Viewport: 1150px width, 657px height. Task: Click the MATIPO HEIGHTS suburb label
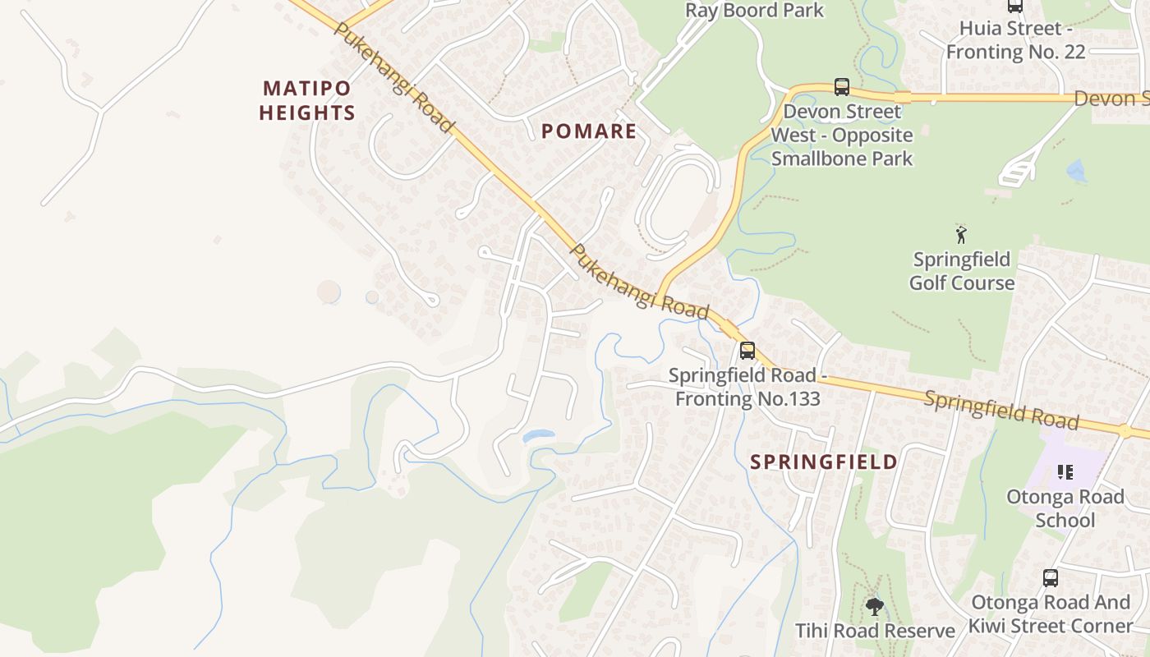click(307, 100)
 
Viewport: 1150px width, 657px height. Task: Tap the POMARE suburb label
click(589, 131)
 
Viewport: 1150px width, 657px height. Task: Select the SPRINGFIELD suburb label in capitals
click(824, 462)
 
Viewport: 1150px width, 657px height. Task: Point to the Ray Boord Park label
click(754, 11)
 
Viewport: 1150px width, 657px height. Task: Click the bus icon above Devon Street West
click(841, 87)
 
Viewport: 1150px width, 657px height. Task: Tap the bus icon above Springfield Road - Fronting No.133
click(747, 351)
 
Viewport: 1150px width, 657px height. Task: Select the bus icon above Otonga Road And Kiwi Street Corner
click(1050, 578)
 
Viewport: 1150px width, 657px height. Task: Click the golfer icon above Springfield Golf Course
click(961, 235)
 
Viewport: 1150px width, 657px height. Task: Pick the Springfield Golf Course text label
click(962, 272)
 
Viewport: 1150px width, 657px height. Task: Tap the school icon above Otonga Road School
click(1065, 472)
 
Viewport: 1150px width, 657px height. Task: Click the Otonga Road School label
click(1065, 508)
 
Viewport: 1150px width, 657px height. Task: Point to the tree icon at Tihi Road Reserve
click(875, 607)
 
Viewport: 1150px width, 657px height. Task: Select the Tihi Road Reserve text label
click(875, 631)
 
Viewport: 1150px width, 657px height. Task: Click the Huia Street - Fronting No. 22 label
click(1015, 40)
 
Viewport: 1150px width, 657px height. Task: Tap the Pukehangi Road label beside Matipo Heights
click(393, 76)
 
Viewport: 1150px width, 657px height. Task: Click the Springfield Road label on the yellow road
click(1000, 410)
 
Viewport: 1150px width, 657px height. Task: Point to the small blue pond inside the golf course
click(1075, 171)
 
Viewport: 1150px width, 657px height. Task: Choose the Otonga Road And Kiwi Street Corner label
click(1051, 613)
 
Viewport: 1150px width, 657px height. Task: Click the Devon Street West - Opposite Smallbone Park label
click(841, 135)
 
